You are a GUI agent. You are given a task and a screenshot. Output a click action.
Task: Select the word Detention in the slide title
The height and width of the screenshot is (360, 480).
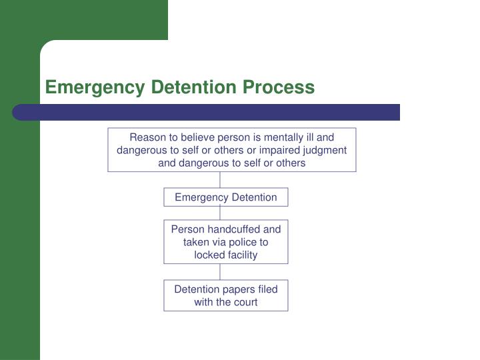point(185,87)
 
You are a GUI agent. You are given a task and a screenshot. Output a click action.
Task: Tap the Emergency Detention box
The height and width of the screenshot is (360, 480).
point(226,197)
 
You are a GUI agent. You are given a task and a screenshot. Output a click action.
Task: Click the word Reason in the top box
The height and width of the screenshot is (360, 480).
point(147,137)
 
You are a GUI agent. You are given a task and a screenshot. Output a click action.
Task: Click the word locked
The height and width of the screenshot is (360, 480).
point(209,255)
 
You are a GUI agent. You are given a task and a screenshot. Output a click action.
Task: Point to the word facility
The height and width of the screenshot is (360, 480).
point(241,255)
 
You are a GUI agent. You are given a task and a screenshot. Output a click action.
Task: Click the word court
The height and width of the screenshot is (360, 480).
point(244,301)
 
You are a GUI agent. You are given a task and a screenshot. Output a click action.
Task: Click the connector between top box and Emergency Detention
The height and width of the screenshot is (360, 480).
point(220,180)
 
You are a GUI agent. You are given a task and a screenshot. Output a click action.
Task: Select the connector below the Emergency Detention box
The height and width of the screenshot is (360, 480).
point(220,213)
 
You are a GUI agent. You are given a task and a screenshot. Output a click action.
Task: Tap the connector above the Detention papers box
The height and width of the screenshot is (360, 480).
point(220,271)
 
